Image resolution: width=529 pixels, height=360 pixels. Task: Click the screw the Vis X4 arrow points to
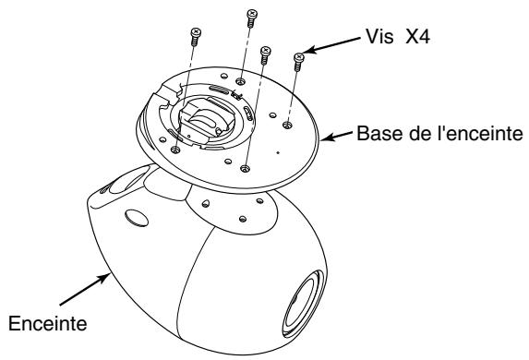pyautogui.click(x=298, y=62)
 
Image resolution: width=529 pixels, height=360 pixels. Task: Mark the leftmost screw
pyautogui.click(x=194, y=36)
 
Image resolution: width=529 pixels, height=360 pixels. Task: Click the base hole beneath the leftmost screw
pyautogui.click(x=175, y=149)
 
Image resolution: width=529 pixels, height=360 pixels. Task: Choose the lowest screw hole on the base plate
pyautogui.click(x=246, y=168)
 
